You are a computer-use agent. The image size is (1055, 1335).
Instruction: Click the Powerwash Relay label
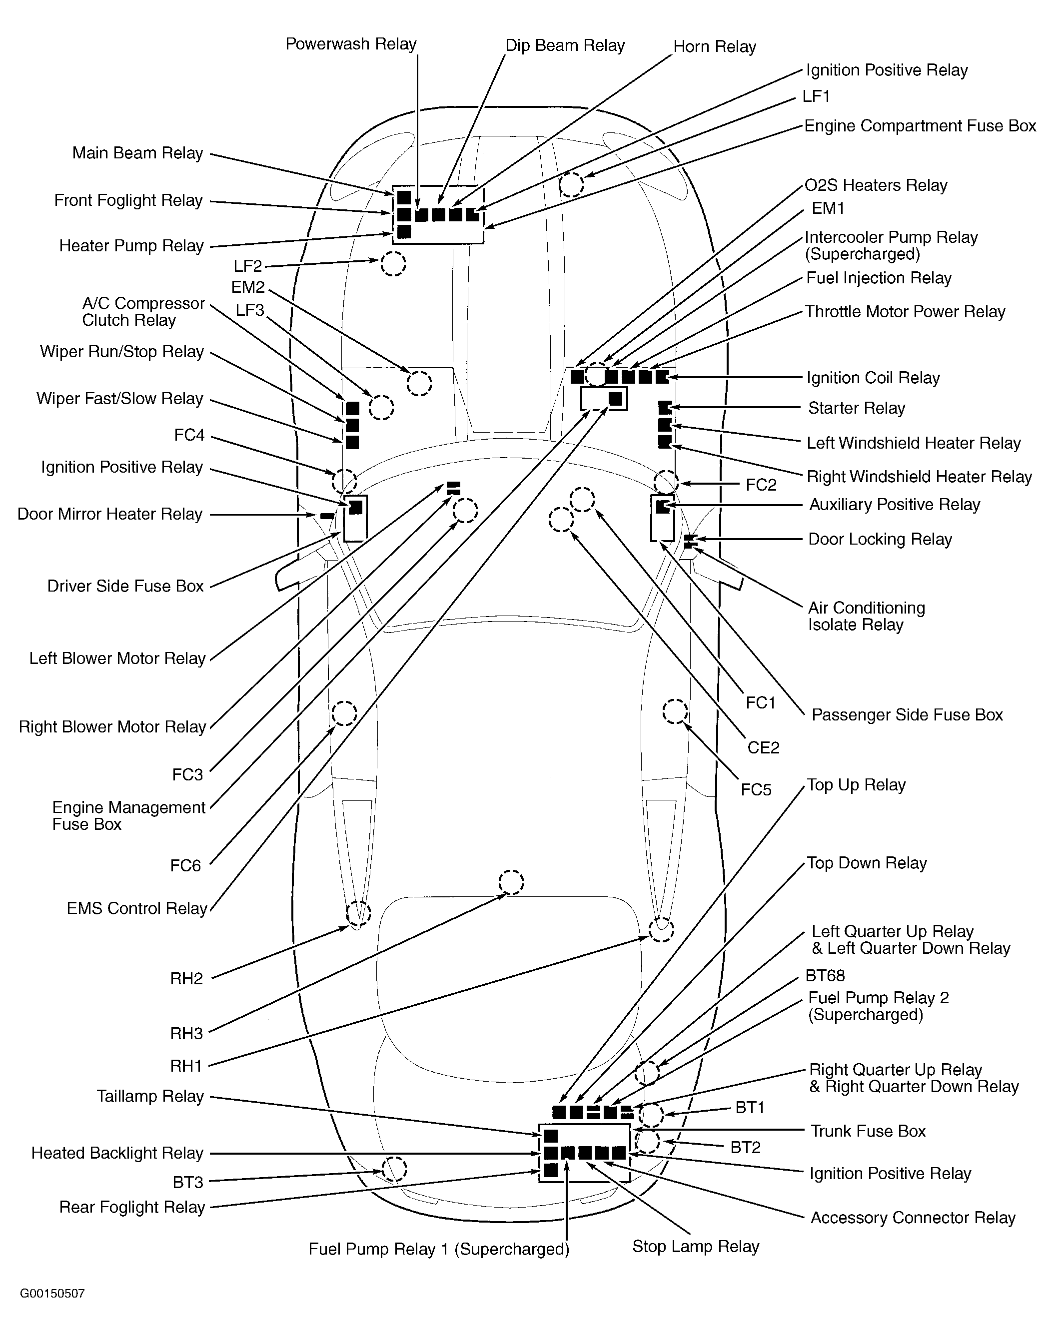351,44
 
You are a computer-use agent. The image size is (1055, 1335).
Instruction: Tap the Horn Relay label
714,47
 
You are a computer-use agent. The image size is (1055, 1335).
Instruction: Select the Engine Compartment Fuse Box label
920,126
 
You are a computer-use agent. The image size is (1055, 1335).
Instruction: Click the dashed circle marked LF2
393,264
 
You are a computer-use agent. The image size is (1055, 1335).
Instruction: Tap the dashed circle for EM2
419,383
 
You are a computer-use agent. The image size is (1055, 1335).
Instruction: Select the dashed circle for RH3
511,882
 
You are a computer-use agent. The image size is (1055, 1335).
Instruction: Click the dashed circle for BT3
393,1169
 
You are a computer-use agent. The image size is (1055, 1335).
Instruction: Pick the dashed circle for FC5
675,711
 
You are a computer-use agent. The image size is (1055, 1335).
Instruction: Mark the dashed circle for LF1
572,184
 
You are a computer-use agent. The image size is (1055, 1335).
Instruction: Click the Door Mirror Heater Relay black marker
327,516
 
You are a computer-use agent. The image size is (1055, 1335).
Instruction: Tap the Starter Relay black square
665,408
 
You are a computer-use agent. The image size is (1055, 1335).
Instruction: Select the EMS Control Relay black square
615,399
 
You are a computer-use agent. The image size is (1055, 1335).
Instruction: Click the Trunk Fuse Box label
868,1131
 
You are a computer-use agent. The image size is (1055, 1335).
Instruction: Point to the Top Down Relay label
867,863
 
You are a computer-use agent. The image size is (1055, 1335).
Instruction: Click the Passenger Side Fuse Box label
907,715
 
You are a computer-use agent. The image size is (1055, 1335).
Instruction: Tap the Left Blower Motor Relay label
117,658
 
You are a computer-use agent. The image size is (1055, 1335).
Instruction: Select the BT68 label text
825,976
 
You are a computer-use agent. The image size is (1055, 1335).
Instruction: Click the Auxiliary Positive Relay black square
662,506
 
